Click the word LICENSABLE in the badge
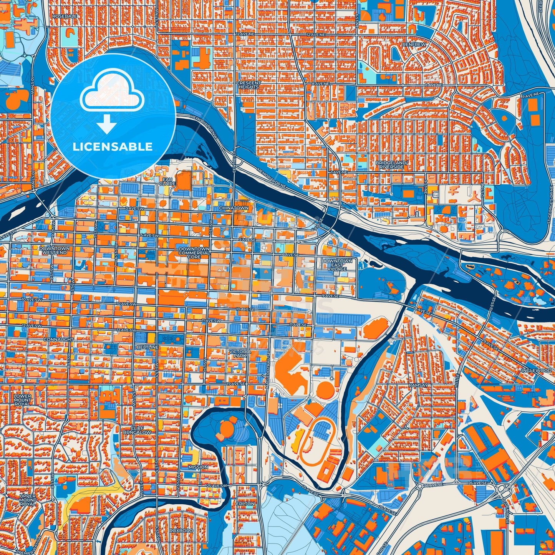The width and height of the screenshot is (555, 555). click(x=113, y=147)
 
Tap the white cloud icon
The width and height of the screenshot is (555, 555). click(x=112, y=93)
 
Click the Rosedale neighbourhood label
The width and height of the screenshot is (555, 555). click(x=60, y=17)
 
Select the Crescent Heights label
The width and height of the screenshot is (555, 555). click(x=249, y=85)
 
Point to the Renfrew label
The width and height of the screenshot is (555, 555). click(x=414, y=45)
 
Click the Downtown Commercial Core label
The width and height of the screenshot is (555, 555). click(x=194, y=252)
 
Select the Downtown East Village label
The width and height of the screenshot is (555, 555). click(x=337, y=265)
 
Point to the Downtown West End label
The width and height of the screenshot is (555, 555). click(x=54, y=250)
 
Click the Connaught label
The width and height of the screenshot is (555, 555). click(x=58, y=340)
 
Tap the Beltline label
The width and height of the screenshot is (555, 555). click(x=147, y=347)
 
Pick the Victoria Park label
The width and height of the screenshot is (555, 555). click(x=240, y=353)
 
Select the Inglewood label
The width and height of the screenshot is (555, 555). click(x=537, y=370)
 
